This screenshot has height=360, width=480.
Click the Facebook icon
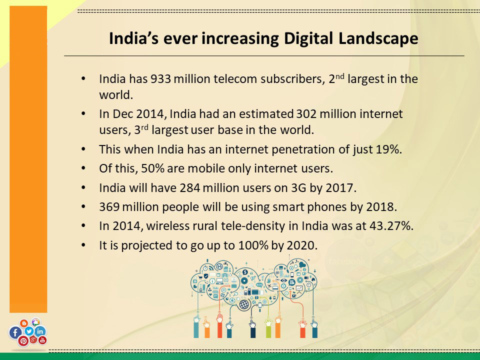click(15, 332)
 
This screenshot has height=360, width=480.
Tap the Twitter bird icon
click(28, 331)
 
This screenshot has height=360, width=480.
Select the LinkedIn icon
click(40, 331)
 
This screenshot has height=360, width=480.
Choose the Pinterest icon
click(23, 341)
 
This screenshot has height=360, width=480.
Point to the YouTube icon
click(42, 340)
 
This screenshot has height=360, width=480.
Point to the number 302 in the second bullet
click(307, 114)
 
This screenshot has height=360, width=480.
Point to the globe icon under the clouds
click(244, 304)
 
